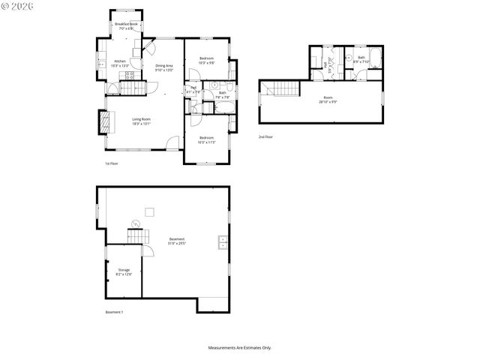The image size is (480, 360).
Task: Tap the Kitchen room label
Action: point(120,63)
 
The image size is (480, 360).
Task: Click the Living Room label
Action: point(142,121)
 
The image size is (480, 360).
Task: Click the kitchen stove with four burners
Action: point(101,64)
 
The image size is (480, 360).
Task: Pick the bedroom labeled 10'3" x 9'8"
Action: point(206,61)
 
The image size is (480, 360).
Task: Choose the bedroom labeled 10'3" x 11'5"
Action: point(207,140)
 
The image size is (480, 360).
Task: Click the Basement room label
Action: point(177,241)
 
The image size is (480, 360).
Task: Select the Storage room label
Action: point(124,271)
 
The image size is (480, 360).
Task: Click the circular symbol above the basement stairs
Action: point(136,223)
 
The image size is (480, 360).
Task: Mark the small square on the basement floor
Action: point(149,211)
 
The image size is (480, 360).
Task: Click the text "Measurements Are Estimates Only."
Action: point(240,347)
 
